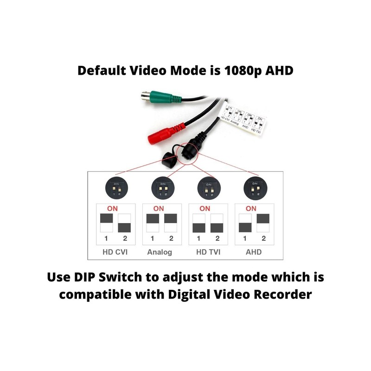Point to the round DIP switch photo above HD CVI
[x=115, y=189]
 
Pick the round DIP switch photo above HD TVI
[x=207, y=189]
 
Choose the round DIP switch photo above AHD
[x=254, y=189]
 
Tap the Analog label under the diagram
[x=160, y=252]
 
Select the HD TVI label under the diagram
[x=207, y=252]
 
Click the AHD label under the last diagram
[x=254, y=252]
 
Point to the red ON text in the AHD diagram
[x=251, y=208]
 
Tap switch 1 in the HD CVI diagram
[x=106, y=222]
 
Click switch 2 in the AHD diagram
[x=263, y=222]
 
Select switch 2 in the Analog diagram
[x=171, y=222]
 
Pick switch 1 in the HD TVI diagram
[x=198, y=222]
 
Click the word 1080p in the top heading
[x=240, y=71]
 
